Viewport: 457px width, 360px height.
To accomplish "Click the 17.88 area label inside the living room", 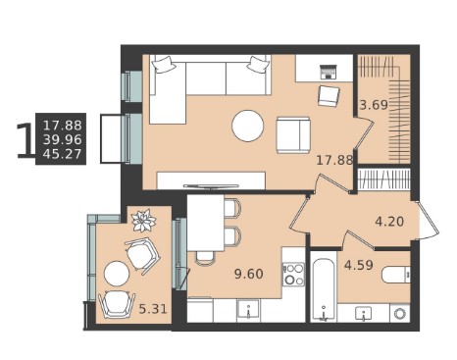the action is [x=334, y=160].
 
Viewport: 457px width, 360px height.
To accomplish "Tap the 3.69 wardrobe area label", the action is [x=374, y=105].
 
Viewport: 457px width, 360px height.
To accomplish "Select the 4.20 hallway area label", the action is [x=389, y=222].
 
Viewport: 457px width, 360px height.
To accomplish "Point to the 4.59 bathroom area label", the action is [x=359, y=265].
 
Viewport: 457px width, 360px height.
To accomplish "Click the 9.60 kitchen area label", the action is [x=249, y=274].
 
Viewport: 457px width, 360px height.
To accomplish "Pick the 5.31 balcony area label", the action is [x=153, y=309].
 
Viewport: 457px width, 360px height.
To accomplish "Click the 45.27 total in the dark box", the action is [x=62, y=154].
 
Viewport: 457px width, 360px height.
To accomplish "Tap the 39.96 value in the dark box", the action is [x=62, y=140].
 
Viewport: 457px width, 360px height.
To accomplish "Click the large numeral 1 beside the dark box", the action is [x=25, y=140].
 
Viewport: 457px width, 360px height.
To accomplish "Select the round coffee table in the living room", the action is [x=248, y=126].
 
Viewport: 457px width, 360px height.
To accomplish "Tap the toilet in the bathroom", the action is [x=396, y=275].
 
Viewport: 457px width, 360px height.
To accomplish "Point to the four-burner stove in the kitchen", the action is [x=294, y=275].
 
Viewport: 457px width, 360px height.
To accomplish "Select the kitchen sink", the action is [x=249, y=309].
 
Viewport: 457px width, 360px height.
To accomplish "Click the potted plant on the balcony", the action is [x=143, y=221].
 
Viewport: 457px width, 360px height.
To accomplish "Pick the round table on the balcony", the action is [x=117, y=274].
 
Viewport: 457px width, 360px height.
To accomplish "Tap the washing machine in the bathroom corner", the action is [x=400, y=314].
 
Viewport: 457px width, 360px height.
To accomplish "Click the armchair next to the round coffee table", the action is [x=293, y=135].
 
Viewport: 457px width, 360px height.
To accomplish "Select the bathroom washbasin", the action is [x=363, y=313].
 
